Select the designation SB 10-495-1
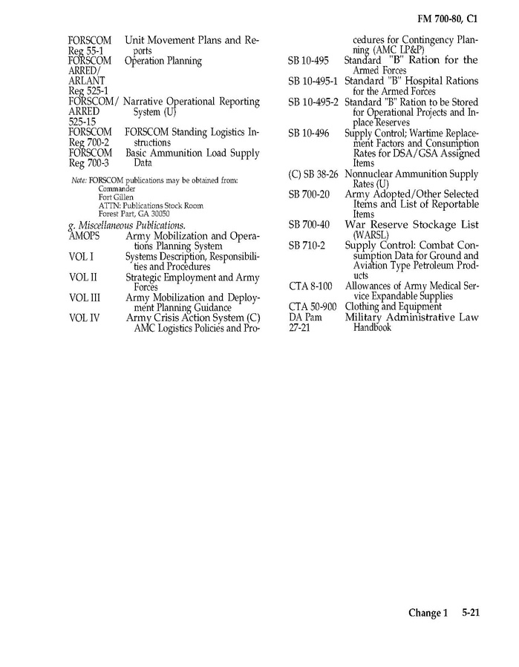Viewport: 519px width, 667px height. [314, 81]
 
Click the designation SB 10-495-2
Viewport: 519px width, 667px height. [314, 102]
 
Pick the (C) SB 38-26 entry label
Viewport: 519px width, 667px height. [313, 174]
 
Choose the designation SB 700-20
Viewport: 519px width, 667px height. [309, 194]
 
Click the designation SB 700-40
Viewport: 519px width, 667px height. [309, 225]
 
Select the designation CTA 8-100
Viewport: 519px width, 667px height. [310, 286]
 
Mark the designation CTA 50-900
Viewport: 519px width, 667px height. [313, 306]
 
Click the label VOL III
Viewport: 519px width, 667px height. [84, 298]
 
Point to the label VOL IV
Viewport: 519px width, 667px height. [84, 318]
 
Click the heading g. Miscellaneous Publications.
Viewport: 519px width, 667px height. [126, 225]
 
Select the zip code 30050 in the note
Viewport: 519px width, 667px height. [160, 213]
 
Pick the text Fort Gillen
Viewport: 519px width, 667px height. [114, 197]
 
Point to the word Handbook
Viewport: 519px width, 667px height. [372, 327]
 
